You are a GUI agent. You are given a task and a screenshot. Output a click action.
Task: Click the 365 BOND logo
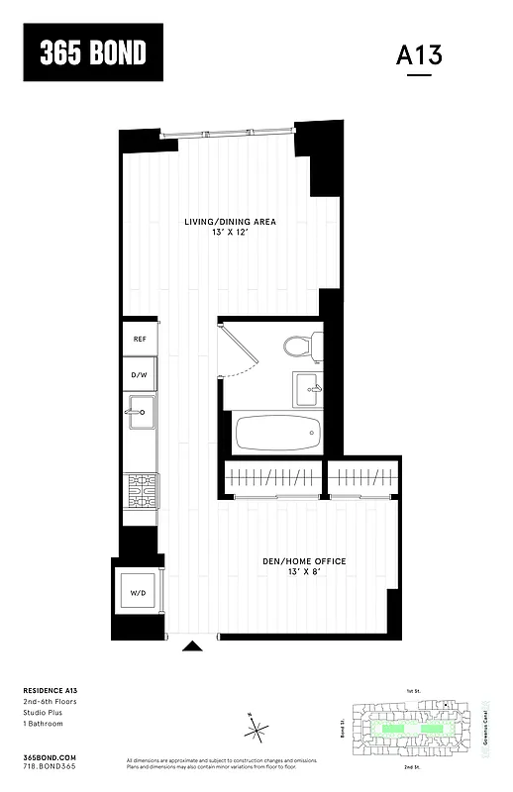point(93,52)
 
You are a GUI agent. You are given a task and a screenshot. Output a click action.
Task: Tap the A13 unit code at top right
point(419,55)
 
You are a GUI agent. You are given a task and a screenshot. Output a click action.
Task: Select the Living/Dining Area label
point(230,221)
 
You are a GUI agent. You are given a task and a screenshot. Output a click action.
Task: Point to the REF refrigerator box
point(140,340)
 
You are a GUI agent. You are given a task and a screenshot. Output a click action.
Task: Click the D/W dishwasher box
point(140,375)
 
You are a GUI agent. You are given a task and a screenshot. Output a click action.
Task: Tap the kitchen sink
point(139,412)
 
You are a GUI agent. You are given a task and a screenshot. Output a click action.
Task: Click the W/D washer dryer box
point(138,593)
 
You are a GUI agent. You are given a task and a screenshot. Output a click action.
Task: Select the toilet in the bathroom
point(299,346)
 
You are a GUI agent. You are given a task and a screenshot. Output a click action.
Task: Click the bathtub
point(276,434)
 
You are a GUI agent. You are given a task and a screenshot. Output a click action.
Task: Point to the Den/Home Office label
point(304,561)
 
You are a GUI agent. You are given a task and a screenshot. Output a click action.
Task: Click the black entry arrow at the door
point(193,646)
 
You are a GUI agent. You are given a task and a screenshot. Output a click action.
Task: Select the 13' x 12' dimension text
point(230,233)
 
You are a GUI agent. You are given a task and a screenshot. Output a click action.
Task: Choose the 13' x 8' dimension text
point(304,573)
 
